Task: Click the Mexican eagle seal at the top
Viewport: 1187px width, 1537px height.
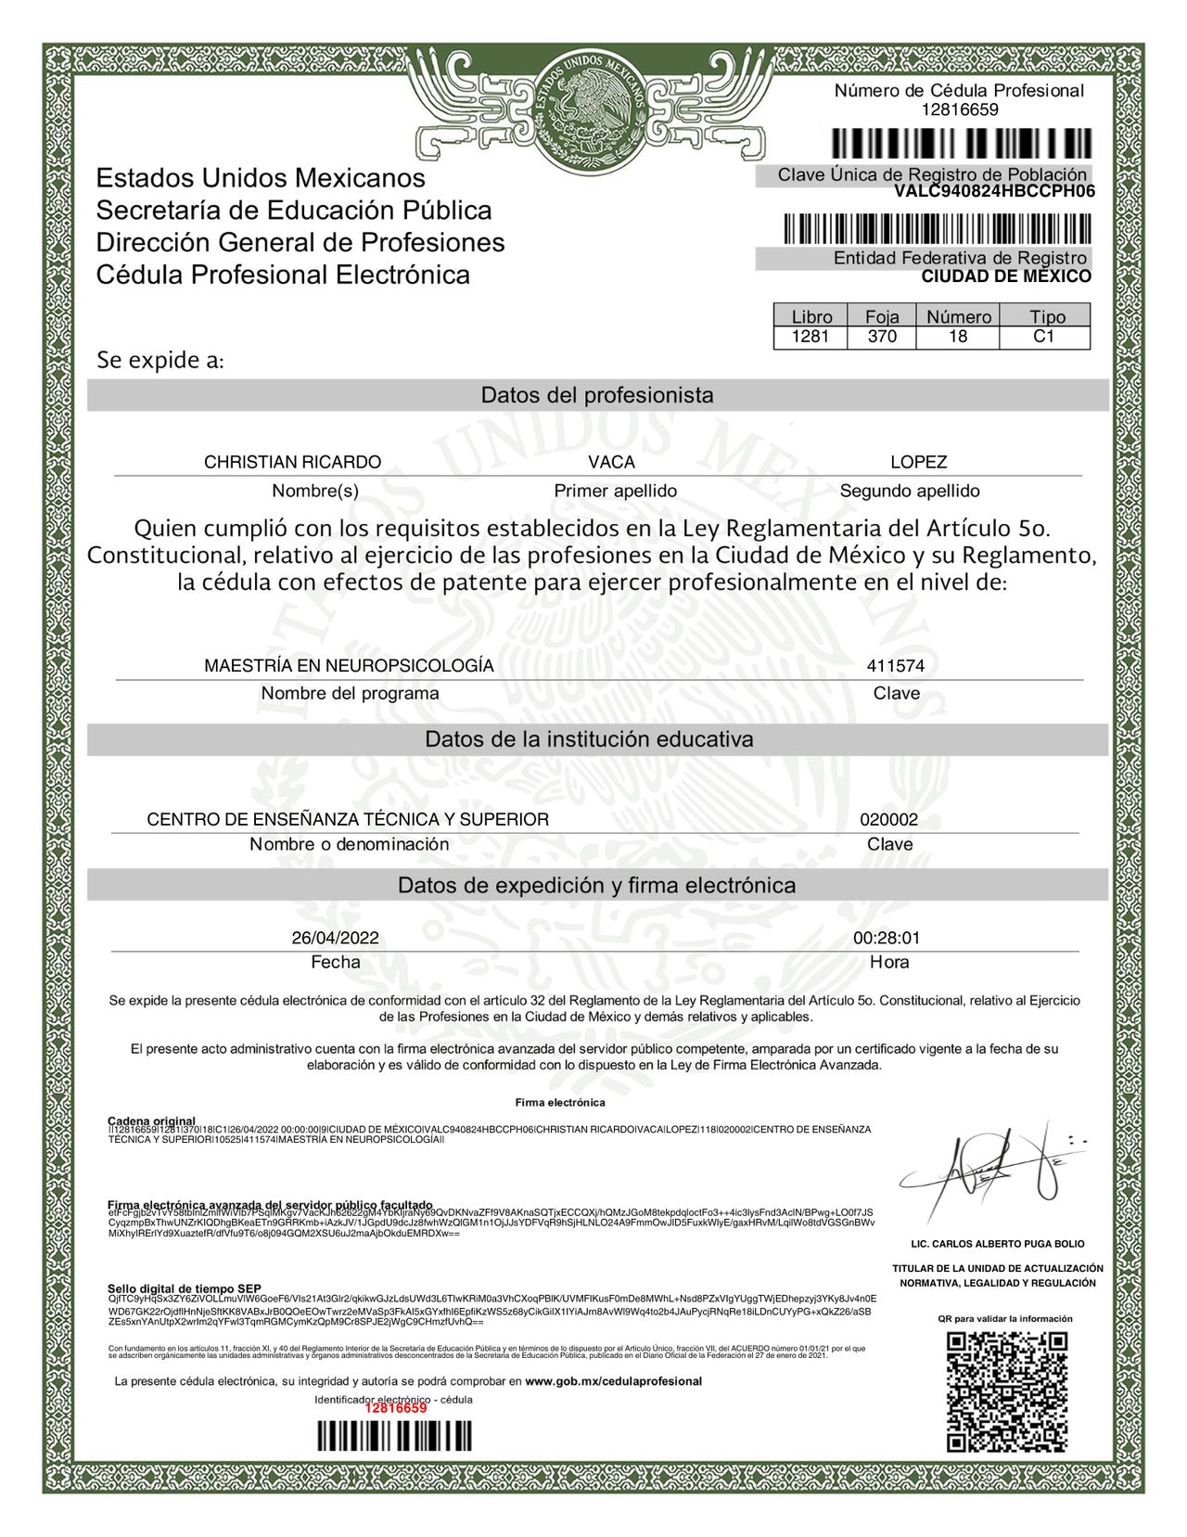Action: (x=593, y=109)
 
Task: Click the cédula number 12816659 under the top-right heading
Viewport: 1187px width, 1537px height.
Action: (x=959, y=109)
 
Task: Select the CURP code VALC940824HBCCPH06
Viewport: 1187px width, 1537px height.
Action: (x=994, y=192)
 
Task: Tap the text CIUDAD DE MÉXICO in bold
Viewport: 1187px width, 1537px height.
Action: (x=1005, y=276)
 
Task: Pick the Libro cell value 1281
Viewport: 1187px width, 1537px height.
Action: (x=810, y=337)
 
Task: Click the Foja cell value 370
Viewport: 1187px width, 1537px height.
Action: (x=882, y=337)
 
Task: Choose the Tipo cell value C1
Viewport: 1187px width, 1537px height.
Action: (x=1044, y=337)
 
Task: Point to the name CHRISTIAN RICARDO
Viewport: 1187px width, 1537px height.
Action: (x=292, y=462)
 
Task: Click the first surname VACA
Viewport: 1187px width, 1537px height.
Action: (x=611, y=462)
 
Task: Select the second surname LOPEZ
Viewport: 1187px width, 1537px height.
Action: (x=918, y=462)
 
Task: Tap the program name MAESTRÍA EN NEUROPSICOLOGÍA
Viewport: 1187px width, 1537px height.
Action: (x=349, y=666)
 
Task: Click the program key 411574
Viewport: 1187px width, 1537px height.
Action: (x=895, y=666)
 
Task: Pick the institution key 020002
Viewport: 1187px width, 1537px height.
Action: (x=888, y=820)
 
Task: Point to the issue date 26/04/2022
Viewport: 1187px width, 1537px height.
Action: (x=335, y=938)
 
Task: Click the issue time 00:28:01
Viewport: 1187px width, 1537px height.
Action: (x=887, y=938)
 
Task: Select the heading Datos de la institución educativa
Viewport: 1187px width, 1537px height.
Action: (x=589, y=739)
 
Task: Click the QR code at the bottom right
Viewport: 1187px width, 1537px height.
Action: (x=1006, y=1391)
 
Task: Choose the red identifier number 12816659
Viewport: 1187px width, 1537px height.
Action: (x=395, y=1408)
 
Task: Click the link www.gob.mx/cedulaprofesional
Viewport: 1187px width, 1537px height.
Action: (x=613, y=1381)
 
